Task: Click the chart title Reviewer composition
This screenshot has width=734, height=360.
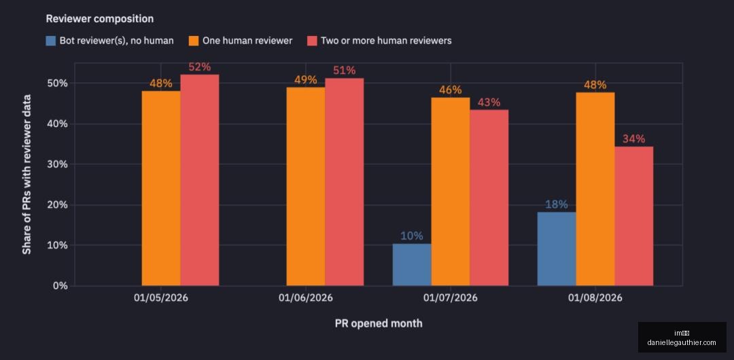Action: pos(100,19)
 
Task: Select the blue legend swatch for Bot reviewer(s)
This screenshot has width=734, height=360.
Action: pos(50,41)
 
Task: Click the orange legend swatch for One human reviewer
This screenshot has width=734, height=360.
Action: pos(194,41)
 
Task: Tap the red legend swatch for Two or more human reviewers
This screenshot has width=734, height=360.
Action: pos(312,41)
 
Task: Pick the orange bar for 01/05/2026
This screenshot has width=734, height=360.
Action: pos(161,188)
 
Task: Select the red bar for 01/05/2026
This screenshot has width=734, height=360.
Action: pos(199,180)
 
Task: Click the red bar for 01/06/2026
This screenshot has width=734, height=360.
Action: pos(344,182)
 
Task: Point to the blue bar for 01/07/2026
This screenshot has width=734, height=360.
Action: pos(412,264)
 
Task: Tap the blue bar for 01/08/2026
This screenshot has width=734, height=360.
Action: pos(557,249)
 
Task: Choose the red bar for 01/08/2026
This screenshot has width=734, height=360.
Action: pos(634,216)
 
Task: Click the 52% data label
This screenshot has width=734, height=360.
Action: pos(200,67)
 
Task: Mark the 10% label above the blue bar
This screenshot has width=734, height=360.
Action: pos(412,236)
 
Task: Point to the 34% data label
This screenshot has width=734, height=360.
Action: pos(634,139)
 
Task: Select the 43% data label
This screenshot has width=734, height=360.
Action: pos(489,102)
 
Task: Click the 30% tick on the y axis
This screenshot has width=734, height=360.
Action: pos(58,164)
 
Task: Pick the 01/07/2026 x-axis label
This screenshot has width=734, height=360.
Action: pos(451,298)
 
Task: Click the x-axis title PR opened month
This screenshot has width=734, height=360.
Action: pos(379,323)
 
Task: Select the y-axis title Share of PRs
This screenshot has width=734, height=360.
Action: pos(27,175)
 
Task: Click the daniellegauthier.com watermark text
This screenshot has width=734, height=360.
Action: pos(682,342)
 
